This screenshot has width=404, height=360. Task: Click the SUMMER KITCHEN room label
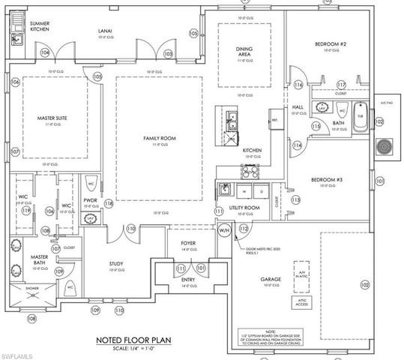coord(39,27)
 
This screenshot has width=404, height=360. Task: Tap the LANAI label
coord(105,31)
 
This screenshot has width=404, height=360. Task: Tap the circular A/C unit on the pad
coord(387,145)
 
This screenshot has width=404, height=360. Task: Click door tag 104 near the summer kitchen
coord(45,52)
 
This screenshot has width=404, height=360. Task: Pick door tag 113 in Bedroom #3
coord(295,200)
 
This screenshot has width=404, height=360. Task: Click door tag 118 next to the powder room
coord(109,203)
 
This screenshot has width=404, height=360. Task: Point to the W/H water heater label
coord(224,230)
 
